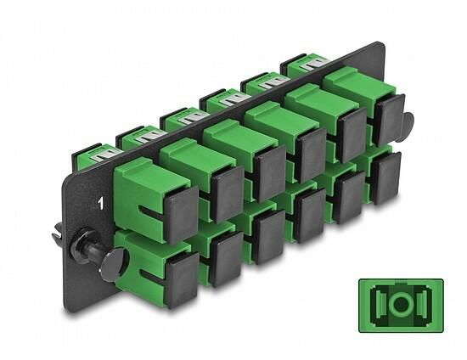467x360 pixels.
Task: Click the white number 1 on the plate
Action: (101, 204)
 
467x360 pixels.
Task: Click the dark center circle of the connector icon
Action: (401, 304)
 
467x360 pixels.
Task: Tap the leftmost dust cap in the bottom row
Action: (183, 280)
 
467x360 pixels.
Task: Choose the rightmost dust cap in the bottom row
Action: (386, 177)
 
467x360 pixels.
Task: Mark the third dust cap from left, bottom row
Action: (270, 236)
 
